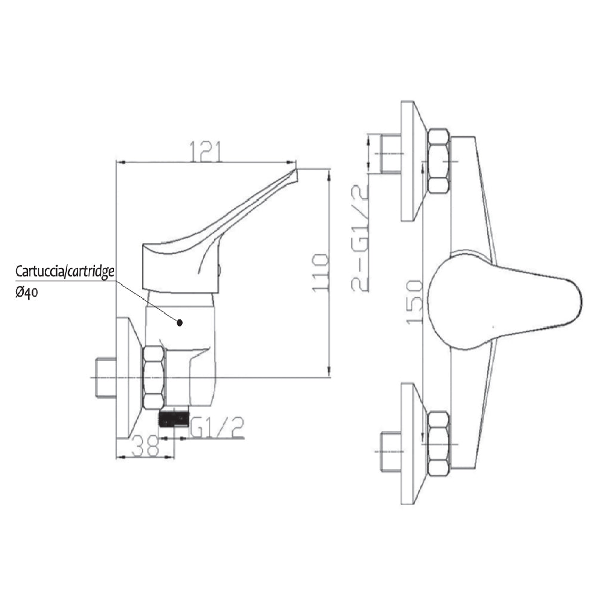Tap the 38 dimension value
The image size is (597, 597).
(144, 445)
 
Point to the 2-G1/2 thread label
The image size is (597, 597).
(361, 239)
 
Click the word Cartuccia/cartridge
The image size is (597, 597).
(65, 272)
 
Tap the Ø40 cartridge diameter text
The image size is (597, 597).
(28, 293)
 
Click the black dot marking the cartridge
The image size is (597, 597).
(179, 323)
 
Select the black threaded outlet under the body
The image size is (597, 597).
(173, 418)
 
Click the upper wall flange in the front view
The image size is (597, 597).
(411, 161)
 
